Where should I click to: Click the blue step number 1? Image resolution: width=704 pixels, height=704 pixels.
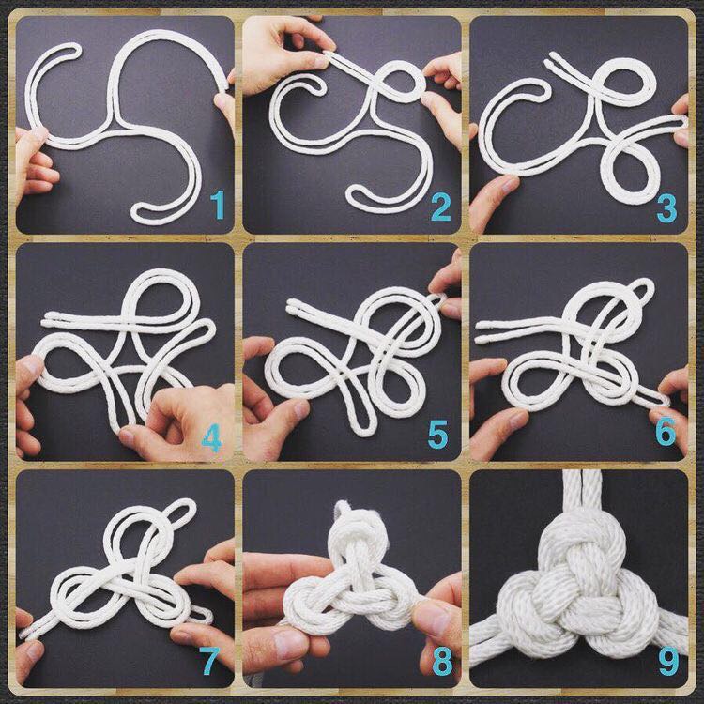click(x=218, y=205)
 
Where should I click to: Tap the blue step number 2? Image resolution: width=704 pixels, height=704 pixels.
click(x=440, y=207)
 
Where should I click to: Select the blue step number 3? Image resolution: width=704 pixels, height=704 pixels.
click(x=666, y=207)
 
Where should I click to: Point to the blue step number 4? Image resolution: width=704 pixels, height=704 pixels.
click(x=211, y=437)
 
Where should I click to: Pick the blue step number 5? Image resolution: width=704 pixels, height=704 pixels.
click(x=437, y=435)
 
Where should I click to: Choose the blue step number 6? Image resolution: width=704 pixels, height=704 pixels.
click(x=665, y=431)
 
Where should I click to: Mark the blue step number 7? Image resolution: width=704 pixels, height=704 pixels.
click(x=209, y=661)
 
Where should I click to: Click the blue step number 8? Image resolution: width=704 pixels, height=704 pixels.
click(x=442, y=662)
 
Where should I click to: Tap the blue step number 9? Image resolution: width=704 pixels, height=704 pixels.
click(x=668, y=661)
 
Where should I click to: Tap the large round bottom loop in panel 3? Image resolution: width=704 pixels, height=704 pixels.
click(x=628, y=168)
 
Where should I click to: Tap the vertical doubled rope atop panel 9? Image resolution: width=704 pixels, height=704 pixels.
click(x=582, y=494)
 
